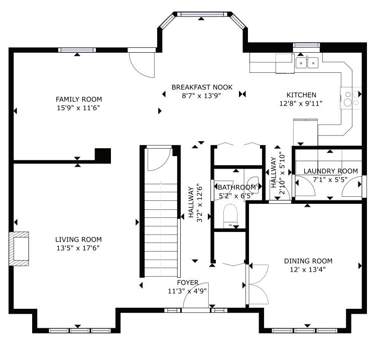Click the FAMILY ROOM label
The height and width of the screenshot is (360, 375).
tap(79, 99)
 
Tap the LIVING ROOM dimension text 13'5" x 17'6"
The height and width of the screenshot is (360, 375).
tap(78, 248)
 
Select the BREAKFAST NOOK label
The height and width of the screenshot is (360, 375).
tap(202, 87)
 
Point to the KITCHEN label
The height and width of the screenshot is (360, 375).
tap(301, 95)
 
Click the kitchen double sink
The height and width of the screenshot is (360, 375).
tap(307, 63)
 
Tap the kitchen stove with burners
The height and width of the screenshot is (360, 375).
tap(350, 98)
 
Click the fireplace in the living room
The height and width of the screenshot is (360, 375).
tap(19, 249)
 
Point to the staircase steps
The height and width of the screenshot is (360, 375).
tap(161, 229)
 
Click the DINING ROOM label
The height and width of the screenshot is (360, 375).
tap(308, 261)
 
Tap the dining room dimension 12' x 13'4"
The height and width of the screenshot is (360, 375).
tap(308, 270)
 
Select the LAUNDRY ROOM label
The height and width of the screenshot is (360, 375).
tap(331, 171)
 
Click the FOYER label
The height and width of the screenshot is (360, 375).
tap(188, 283)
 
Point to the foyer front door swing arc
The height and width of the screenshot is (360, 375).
tap(191, 289)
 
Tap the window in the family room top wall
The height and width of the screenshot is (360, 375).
tap(77, 50)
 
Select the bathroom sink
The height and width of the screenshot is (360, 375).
tap(253, 183)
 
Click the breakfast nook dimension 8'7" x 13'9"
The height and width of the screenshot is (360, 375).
tap(201, 96)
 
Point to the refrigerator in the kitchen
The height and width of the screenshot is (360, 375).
tap(305, 132)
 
